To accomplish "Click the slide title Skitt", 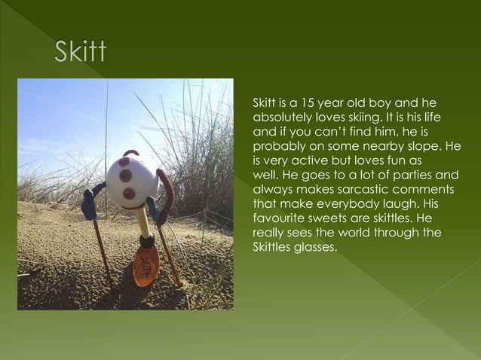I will click(81, 54).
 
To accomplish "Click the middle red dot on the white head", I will click(127, 176).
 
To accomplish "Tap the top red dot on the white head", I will click(124, 161).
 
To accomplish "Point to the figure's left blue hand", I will click(89, 203).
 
